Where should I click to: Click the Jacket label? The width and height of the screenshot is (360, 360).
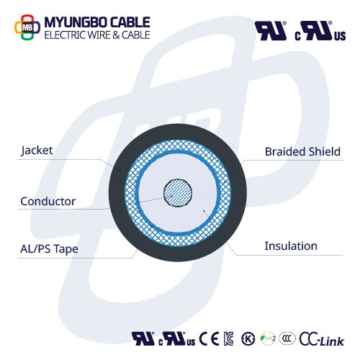pos(37,150)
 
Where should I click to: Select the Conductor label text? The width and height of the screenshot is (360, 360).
pos(48,202)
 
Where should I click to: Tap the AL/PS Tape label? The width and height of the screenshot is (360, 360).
pos(49,249)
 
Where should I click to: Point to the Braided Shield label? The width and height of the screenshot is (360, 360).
pos(302,152)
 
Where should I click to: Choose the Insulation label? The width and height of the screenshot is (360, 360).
pos(291,246)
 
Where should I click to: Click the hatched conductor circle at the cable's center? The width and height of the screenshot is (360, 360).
pos(178,193)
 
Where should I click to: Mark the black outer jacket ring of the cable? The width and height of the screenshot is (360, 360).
pos(117,192)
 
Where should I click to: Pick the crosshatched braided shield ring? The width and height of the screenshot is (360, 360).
pos(130,192)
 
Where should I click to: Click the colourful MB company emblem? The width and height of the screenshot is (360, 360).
pos(27,27)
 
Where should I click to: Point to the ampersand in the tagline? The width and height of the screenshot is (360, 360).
pos(116,35)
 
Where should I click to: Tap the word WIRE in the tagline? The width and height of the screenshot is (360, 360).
pos(99,35)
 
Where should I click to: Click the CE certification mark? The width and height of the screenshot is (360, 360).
pos(209,338)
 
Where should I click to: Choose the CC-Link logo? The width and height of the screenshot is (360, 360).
pos(322,339)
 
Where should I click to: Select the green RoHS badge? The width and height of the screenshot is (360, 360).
pos(268,338)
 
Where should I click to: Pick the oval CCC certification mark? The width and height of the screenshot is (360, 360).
pos(287,338)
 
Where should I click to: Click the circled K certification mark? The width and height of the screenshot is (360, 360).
pos(248,339)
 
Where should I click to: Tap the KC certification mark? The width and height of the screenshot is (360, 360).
pos(228,338)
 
